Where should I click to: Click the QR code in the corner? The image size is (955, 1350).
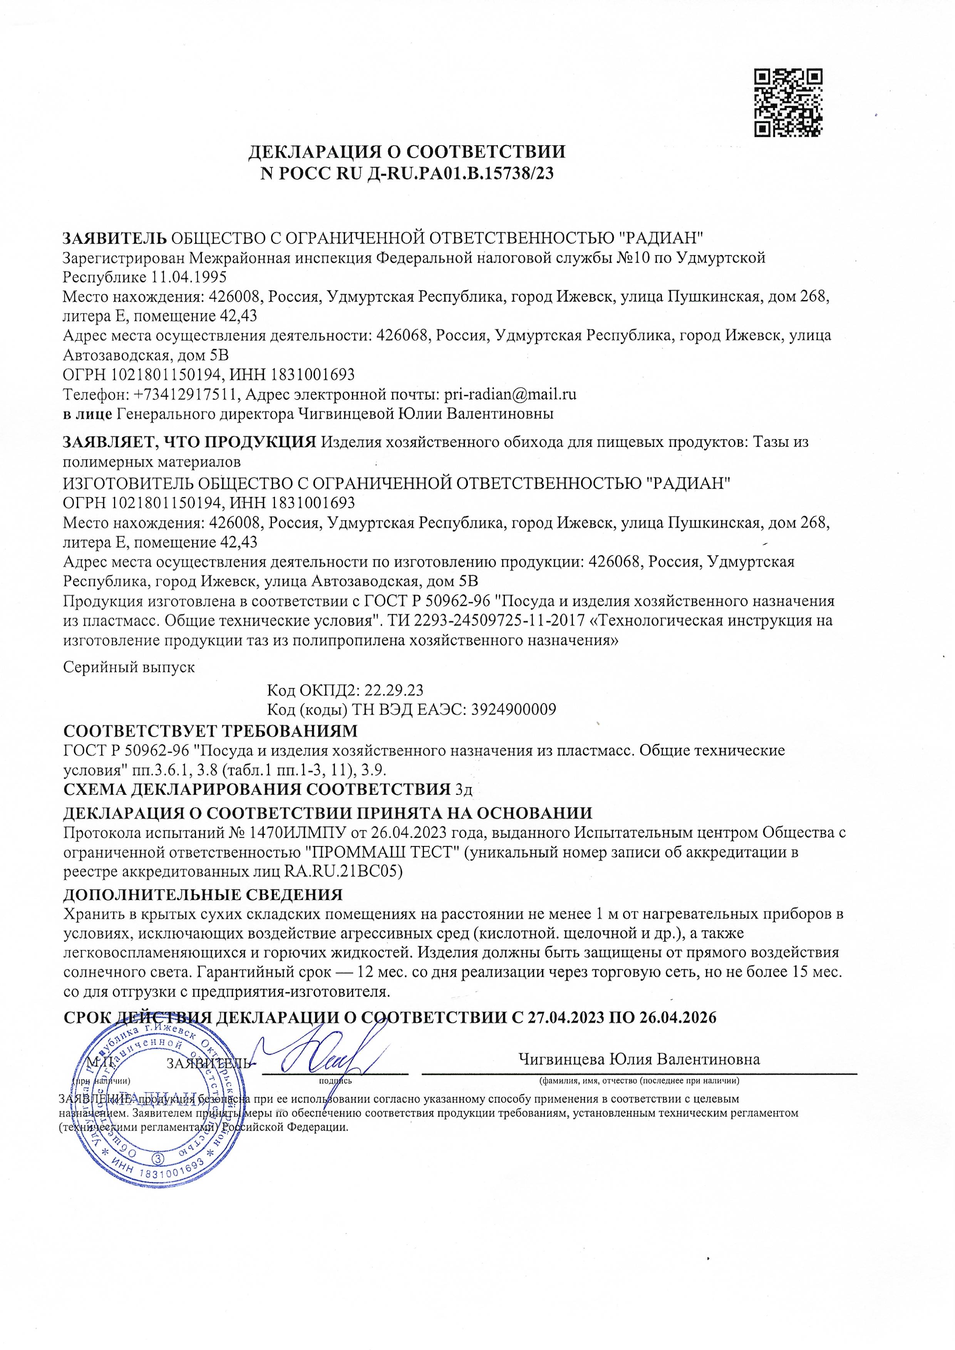(x=788, y=103)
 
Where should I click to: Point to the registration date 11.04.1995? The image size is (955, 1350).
(x=189, y=277)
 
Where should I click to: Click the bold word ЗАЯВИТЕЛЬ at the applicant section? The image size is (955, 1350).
(x=115, y=238)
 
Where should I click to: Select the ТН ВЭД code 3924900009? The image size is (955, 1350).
(x=512, y=709)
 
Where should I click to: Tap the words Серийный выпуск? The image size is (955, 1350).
(x=129, y=667)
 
